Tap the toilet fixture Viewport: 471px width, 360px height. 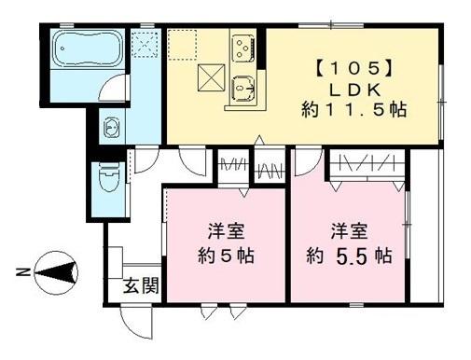[108, 173]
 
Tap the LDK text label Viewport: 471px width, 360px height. [348, 88]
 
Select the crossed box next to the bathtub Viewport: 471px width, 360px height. [145, 44]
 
